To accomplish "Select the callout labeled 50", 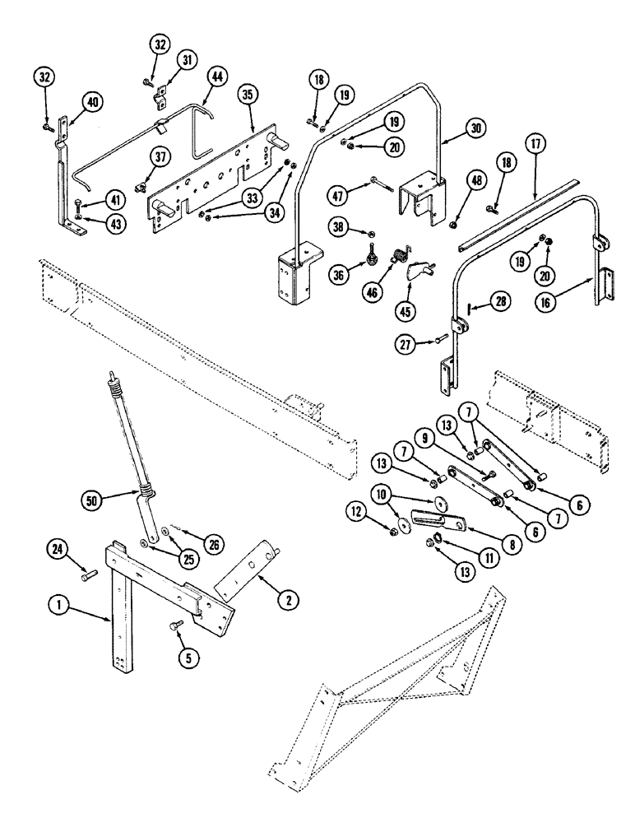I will tap(94, 499).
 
